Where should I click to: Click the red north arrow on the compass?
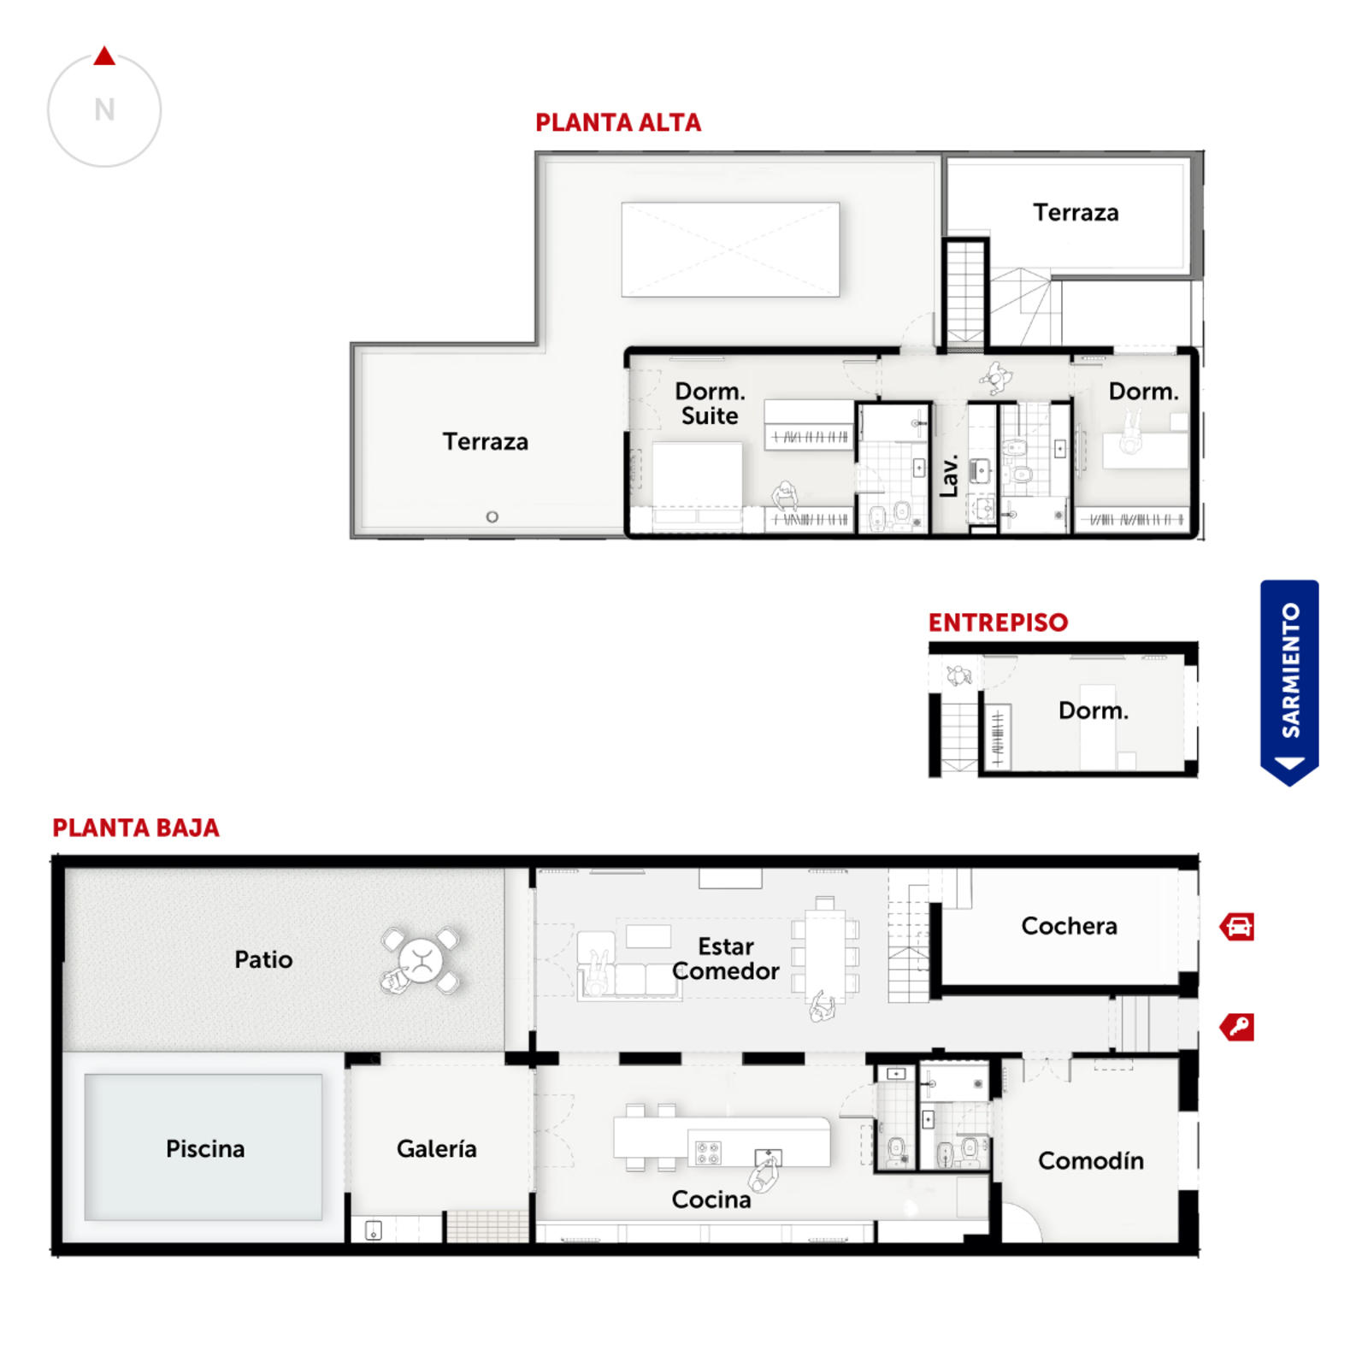[x=104, y=56]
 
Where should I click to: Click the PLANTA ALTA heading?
[x=618, y=123]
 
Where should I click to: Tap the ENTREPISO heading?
[x=998, y=622]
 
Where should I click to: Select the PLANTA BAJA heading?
[x=136, y=828]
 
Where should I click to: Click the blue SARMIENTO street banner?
[x=1289, y=682]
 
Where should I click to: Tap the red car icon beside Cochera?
[x=1237, y=927]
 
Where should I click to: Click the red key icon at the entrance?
[x=1237, y=1027]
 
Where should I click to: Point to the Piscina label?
[x=205, y=1148]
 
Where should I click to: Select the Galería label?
[x=436, y=1148]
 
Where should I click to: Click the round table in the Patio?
[x=422, y=960]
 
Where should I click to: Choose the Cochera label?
[x=1069, y=926]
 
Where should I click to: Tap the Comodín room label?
[x=1091, y=1160]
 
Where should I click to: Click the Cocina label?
[x=711, y=1200]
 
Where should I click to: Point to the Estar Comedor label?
[x=726, y=958]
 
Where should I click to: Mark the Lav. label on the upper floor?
[x=948, y=476]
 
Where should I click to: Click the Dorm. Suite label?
[x=710, y=404]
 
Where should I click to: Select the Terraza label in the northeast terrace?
[x=1076, y=212]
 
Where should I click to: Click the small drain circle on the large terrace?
[x=492, y=516]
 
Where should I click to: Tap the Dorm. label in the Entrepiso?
[x=1094, y=711]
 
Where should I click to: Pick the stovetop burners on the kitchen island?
[x=708, y=1153]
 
